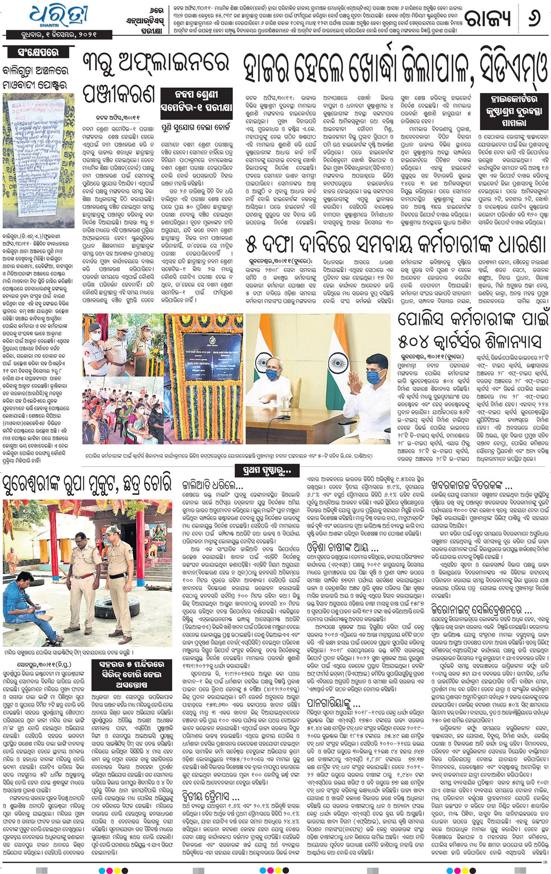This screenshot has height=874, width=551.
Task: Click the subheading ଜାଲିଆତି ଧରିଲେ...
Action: coord(212,485)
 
